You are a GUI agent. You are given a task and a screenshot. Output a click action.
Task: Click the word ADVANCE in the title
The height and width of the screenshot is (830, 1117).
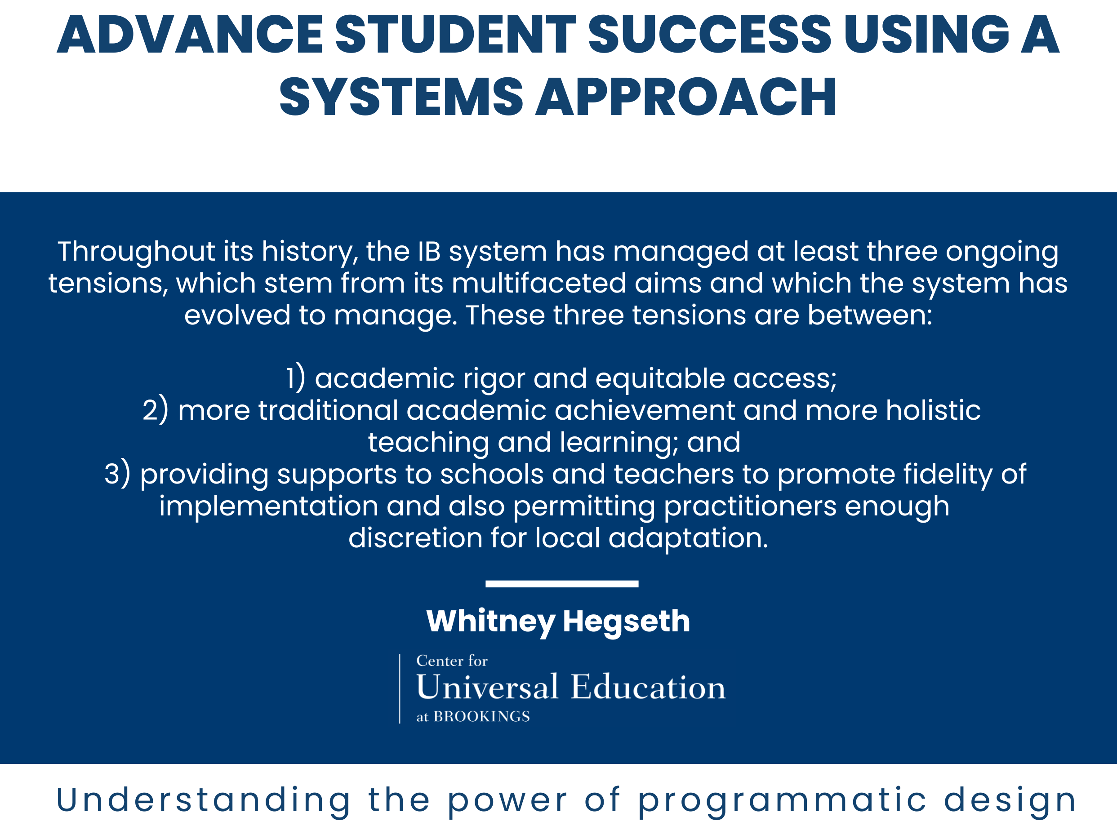click(190, 34)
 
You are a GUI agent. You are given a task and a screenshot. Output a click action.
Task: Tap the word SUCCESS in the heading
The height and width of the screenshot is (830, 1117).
click(709, 34)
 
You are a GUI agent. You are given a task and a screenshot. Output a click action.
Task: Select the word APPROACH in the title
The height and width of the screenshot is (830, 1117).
click(686, 97)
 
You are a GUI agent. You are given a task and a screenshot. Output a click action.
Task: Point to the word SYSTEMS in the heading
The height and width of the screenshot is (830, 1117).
click(401, 97)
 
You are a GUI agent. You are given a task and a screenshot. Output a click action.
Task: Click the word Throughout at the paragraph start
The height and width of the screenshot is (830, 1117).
click(137, 252)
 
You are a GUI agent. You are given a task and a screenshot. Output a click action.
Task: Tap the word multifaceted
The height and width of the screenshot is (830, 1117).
click(538, 284)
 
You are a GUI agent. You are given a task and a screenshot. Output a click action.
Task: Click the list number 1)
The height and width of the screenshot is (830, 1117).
click(296, 379)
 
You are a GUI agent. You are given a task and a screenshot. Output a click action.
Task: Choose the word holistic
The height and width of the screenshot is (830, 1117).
click(933, 410)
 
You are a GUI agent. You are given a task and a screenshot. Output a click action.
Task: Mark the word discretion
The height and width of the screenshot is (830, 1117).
click(415, 538)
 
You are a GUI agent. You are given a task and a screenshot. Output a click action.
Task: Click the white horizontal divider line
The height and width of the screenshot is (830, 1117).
click(562, 584)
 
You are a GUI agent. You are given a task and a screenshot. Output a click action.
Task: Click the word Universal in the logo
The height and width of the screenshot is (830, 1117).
click(487, 687)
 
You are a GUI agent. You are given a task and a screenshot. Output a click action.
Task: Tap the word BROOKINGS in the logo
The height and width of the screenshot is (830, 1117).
click(482, 716)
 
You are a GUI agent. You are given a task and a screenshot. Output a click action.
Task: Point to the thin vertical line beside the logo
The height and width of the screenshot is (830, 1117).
click(400, 689)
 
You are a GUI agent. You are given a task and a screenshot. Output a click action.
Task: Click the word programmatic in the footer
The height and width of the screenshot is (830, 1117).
click(783, 801)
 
